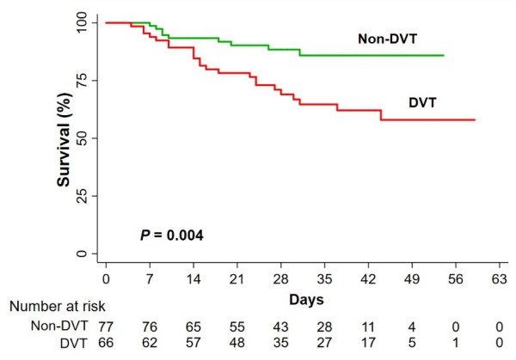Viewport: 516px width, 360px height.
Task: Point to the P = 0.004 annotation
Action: point(171,235)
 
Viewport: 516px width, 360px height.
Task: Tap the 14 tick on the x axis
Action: point(194,279)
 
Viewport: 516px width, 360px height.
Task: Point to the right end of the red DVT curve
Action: point(474,119)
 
